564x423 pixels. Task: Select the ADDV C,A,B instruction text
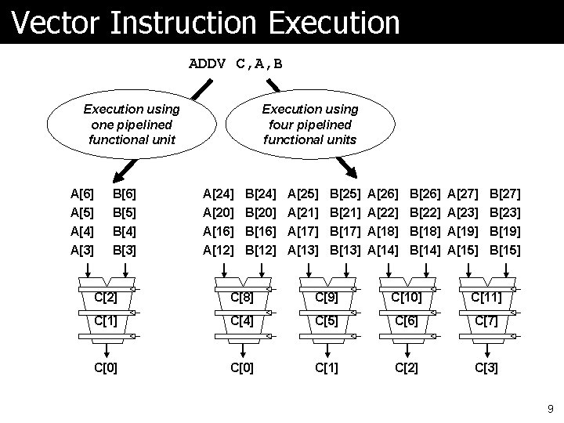(236, 63)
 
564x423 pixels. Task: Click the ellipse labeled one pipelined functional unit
(132, 125)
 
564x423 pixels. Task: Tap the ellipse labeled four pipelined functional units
(309, 125)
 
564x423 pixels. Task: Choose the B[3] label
(125, 251)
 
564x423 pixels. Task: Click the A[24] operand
(218, 192)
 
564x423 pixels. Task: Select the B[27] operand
(505, 192)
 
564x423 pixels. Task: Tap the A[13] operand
(303, 251)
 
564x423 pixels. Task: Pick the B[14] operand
(425, 251)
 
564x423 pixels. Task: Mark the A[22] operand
(382, 211)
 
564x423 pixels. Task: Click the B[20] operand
(260, 211)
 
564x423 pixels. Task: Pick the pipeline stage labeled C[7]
(486, 321)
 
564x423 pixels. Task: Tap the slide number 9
(550, 408)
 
